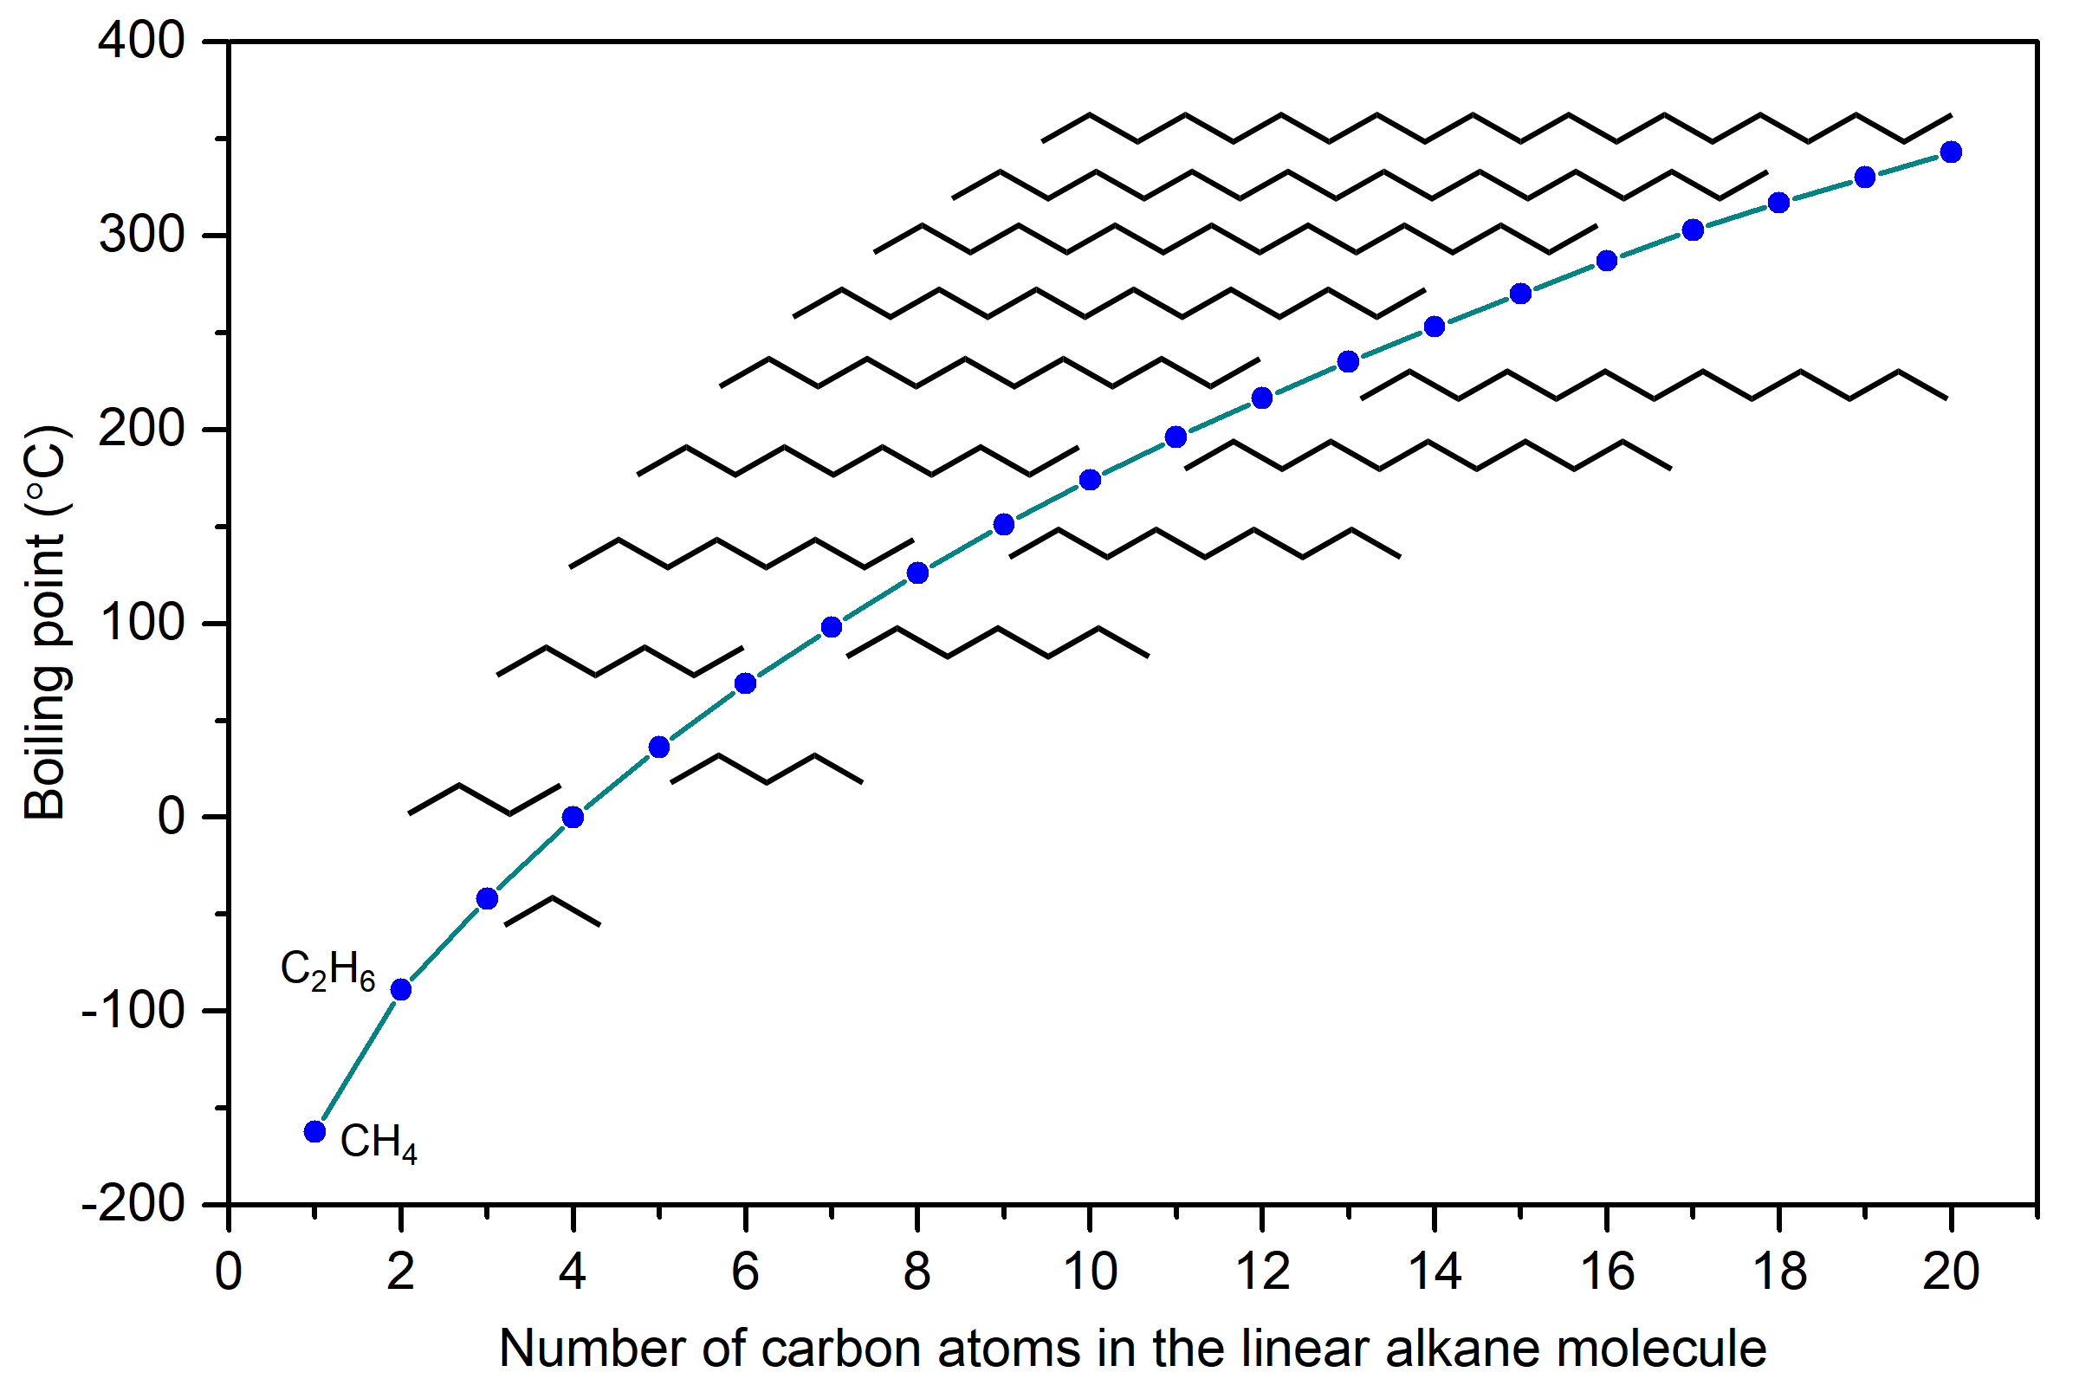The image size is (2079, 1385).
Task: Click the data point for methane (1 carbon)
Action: click(314, 1131)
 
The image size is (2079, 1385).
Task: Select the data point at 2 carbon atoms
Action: click(401, 989)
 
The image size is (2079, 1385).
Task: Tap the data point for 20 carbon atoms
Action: click(1951, 152)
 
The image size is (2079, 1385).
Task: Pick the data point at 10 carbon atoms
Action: click(1090, 480)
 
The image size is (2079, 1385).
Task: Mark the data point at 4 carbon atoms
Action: click(573, 817)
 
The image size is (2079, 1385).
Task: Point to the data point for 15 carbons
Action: click(1521, 294)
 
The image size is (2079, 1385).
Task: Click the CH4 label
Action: click(378, 1142)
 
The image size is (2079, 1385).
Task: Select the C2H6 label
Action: click(327, 969)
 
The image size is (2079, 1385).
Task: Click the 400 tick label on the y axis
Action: click(141, 41)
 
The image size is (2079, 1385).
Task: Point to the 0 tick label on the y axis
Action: click(172, 816)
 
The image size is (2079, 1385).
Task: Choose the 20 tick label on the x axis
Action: click(1951, 1272)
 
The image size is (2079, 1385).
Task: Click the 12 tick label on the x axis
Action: click(1262, 1272)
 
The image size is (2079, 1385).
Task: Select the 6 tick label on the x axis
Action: click(745, 1272)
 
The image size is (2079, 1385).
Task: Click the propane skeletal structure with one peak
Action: click(552, 910)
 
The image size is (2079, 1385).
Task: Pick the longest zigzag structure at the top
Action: click(1496, 127)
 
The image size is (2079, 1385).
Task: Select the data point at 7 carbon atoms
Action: click(831, 627)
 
